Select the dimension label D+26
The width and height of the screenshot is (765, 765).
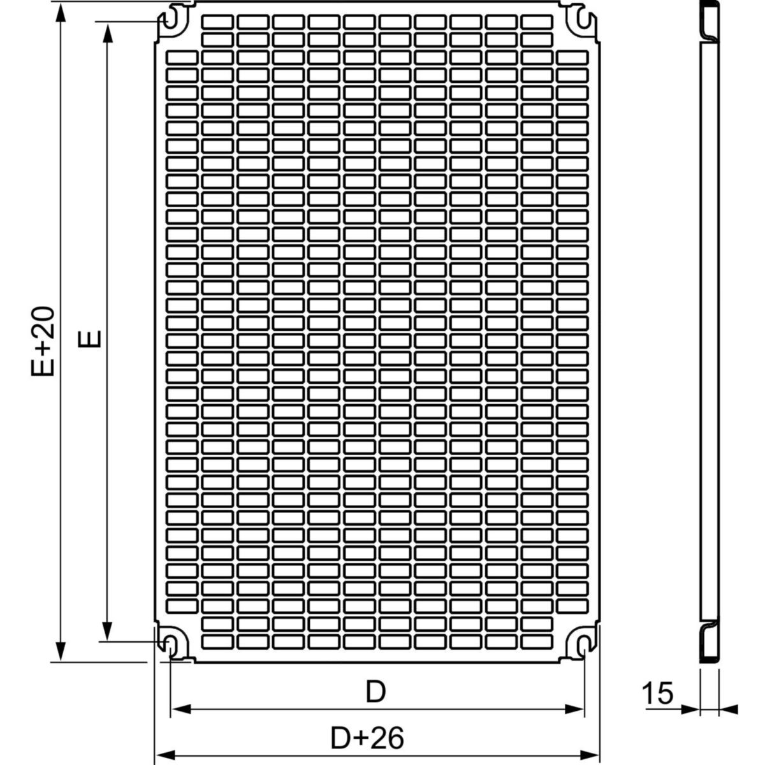(368, 738)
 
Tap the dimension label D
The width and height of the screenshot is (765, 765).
(375, 692)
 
